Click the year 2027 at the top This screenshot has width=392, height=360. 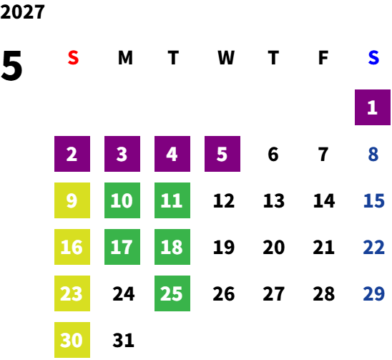click(x=22, y=11)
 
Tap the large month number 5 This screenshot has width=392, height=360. click(x=11, y=66)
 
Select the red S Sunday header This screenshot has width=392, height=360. click(x=73, y=58)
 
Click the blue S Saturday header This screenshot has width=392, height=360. click(x=373, y=58)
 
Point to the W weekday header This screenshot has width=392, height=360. click(x=226, y=58)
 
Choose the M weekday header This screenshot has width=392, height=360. click(x=125, y=58)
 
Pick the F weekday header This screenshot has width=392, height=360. click(x=323, y=58)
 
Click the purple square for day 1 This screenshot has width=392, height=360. click(x=373, y=107)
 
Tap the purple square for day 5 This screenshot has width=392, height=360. click(x=222, y=154)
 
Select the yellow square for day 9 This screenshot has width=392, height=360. click(x=72, y=200)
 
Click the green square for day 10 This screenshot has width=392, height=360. click(x=122, y=200)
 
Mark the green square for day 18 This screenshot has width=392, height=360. click(x=172, y=247)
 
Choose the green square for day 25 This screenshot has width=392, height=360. click(x=172, y=293)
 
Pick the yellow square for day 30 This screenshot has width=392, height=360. click(x=72, y=340)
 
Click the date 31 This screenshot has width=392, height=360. click(x=124, y=340)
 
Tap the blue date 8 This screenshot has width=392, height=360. click(x=373, y=154)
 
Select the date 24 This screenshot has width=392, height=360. click(x=124, y=293)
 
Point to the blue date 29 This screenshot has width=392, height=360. click(x=373, y=293)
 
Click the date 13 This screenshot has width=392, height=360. click(x=274, y=200)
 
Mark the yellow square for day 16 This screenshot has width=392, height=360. click(x=72, y=247)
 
